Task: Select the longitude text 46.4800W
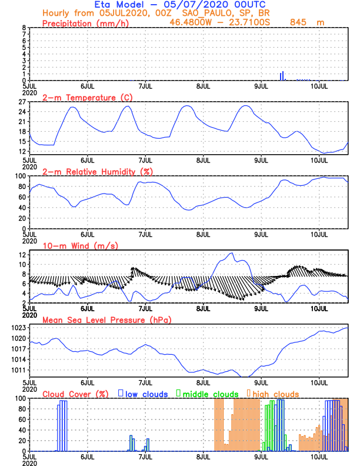tap(192, 22)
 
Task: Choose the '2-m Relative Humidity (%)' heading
tap(97, 171)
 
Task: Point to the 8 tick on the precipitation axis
tap(24, 28)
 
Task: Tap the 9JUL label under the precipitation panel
tap(261, 86)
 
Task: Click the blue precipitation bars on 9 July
tap(282, 76)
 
